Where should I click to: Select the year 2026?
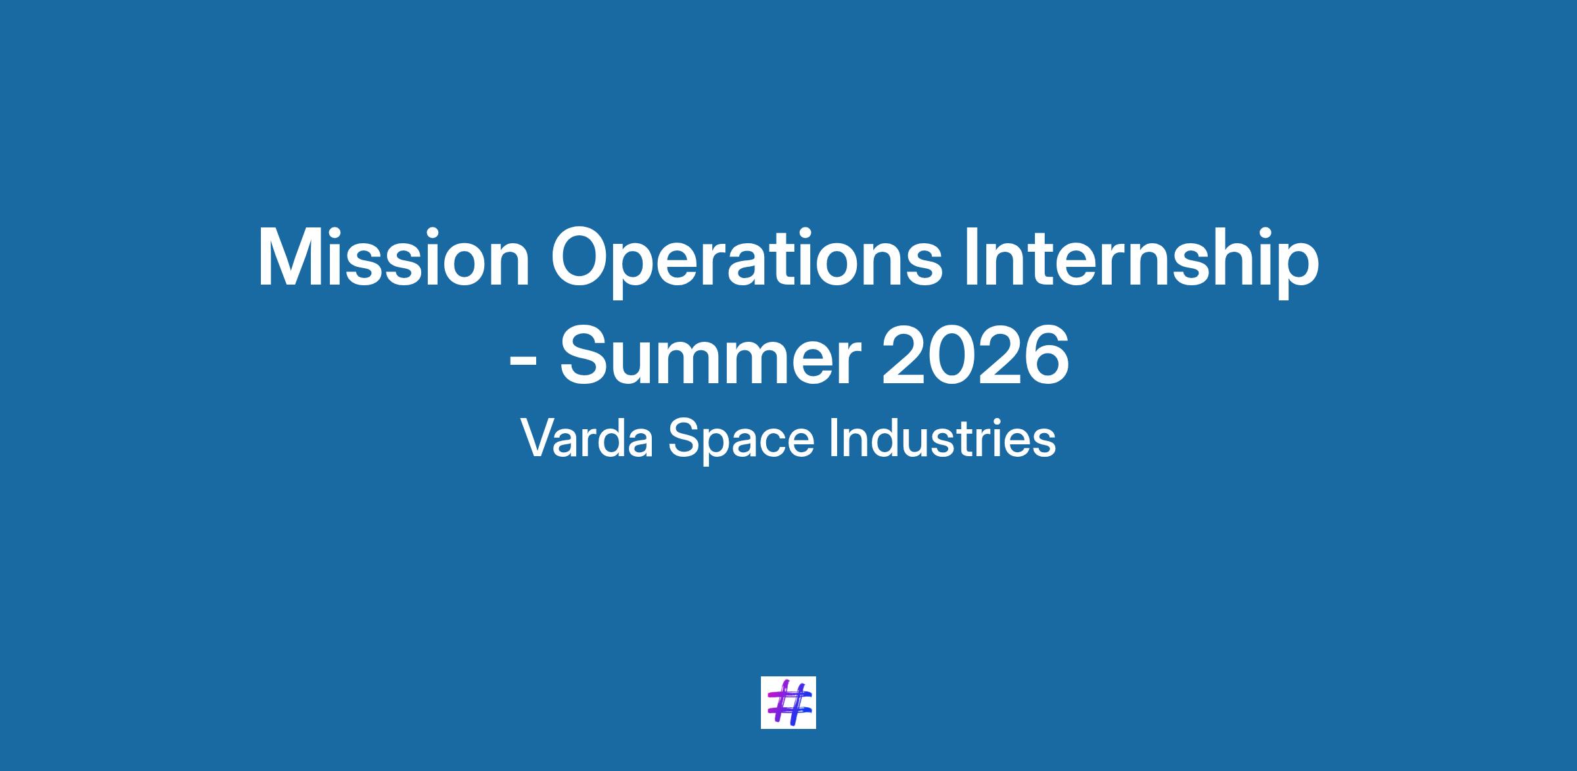pos(975,356)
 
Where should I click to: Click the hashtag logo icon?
pos(788,703)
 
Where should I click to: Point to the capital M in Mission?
pos(290,258)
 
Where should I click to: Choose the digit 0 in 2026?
pos(951,356)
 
